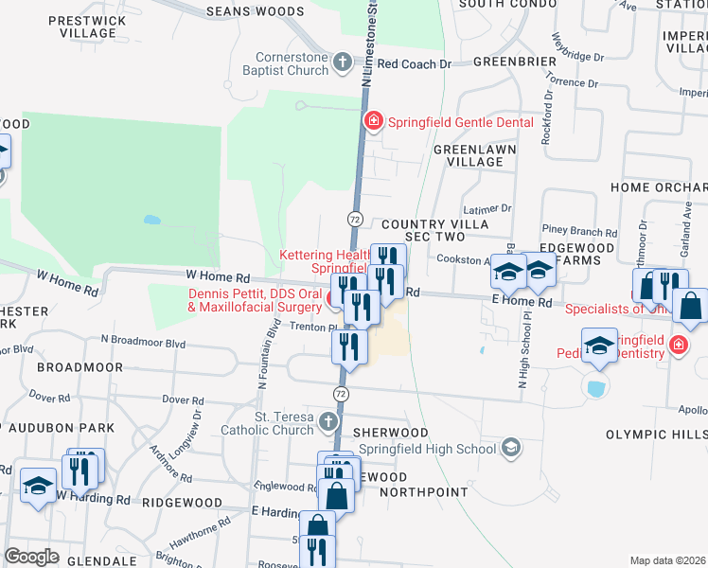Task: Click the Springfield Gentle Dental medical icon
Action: pyautogui.click(x=374, y=122)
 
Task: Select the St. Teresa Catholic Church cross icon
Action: pyautogui.click(x=327, y=421)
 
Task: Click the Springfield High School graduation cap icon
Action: pyautogui.click(x=511, y=446)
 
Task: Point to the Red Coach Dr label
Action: pyautogui.click(x=416, y=64)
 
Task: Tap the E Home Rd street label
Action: pyautogui.click(x=522, y=302)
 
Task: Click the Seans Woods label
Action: pyautogui.click(x=240, y=10)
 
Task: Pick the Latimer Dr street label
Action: pyautogui.click(x=487, y=208)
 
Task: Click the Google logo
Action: pyautogui.click(x=32, y=556)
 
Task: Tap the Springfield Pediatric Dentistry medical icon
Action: pyautogui.click(x=678, y=344)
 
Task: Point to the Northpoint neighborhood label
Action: pyautogui.click(x=424, y=492)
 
